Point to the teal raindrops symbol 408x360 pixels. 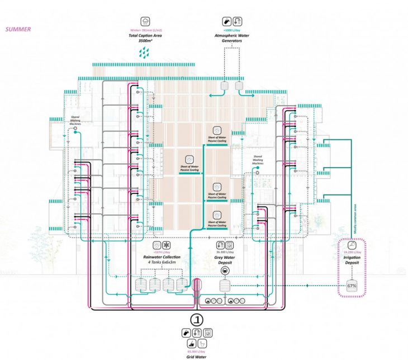(x=144, y=53)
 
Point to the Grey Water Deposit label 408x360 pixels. (x=224, y=260)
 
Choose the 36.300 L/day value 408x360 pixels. (x=224, y=253)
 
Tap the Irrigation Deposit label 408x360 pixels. (x=352, y=260)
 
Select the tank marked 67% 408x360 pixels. (x=352, y=285)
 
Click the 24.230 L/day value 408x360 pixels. (x=352, y=253)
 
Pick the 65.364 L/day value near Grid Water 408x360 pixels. (x=196, y=347)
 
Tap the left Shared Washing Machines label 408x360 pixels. (x=73, y=121)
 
